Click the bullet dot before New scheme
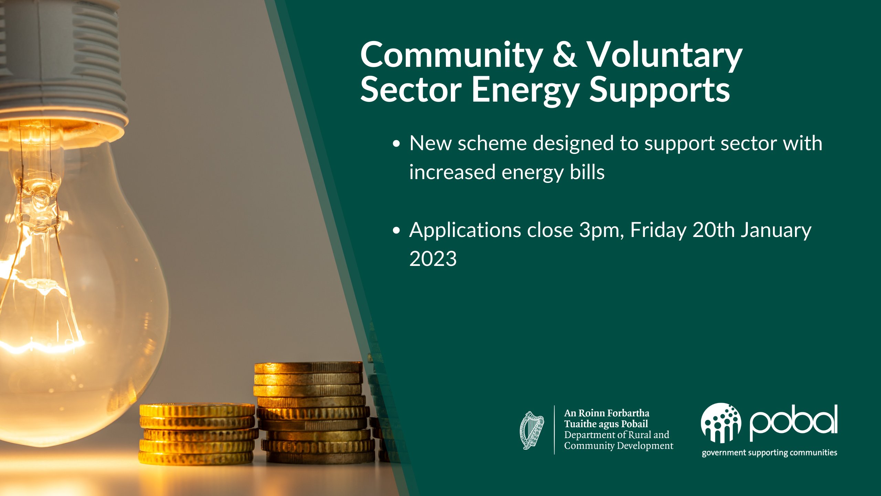click(x=397, y=144)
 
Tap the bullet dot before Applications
click(x=397, y=230)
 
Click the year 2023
click(x=433, y=259)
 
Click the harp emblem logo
click(x=532, y=430)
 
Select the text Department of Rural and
click(x=617, y=435)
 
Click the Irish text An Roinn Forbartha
click(x=607, y=413)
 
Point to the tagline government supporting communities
click(x=769, y=453)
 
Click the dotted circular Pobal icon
click(x=721, y=423)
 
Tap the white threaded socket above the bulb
click(x=62, y=65)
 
